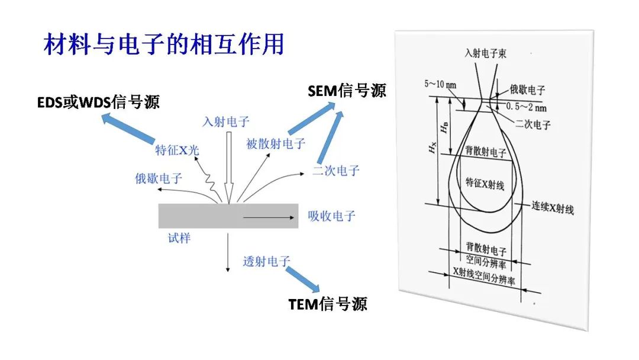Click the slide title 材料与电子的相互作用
164,45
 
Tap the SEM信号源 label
347,90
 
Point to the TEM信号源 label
328,304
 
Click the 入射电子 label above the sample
226,122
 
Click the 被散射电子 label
276,143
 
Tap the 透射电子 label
266,261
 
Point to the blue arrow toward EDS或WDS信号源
127,129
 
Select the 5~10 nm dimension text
440,84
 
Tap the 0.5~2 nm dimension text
528,107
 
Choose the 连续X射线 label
552,208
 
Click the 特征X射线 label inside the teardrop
485,184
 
